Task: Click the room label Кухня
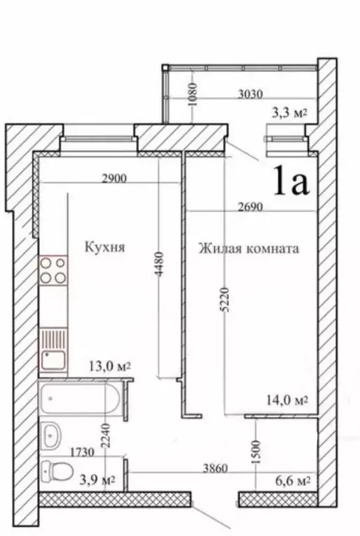coord(105,246)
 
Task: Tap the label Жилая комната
coord(248,248)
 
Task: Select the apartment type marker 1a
coord(291,181)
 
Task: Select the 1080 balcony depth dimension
coord(195,91)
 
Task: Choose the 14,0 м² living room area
coord(287,400)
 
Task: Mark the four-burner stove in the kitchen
coord(54,271)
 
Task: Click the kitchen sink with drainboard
coord(54,350)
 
